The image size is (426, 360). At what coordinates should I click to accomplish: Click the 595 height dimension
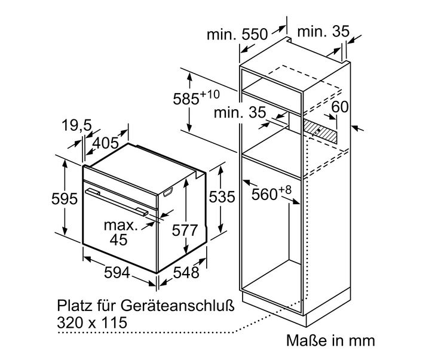pos(65,199)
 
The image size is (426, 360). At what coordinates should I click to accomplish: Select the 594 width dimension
pos(117,272)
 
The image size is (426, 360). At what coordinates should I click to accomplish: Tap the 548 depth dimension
pos(186,272)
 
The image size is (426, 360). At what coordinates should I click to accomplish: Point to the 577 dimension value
pos(185,230)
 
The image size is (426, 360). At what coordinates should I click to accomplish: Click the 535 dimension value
pos(222,197)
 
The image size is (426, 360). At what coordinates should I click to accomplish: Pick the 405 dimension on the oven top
pos(105,143)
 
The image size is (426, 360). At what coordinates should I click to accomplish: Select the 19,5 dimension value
pos(77,125)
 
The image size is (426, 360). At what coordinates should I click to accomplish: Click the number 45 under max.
pos(118,240)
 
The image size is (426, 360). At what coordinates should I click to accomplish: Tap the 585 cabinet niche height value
pos(186,99)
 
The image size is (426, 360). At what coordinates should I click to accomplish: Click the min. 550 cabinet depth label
pos(237,35)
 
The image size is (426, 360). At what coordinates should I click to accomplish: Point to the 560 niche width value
pos(264,195)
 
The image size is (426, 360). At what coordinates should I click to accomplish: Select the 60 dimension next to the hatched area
pos(339,107)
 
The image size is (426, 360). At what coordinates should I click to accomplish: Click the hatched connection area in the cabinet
pos(320,131)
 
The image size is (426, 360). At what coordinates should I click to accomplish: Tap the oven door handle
pos(117,202)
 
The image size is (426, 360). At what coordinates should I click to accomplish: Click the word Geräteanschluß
pos(177,306)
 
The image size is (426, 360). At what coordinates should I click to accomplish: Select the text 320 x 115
pos(92,322)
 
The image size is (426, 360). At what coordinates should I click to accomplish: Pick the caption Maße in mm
pos(330,340)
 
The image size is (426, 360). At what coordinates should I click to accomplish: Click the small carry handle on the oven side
pos(168,192)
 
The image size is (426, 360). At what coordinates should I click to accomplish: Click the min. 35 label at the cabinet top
pos(323,32)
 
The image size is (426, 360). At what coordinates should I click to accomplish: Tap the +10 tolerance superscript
pos(210,94)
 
